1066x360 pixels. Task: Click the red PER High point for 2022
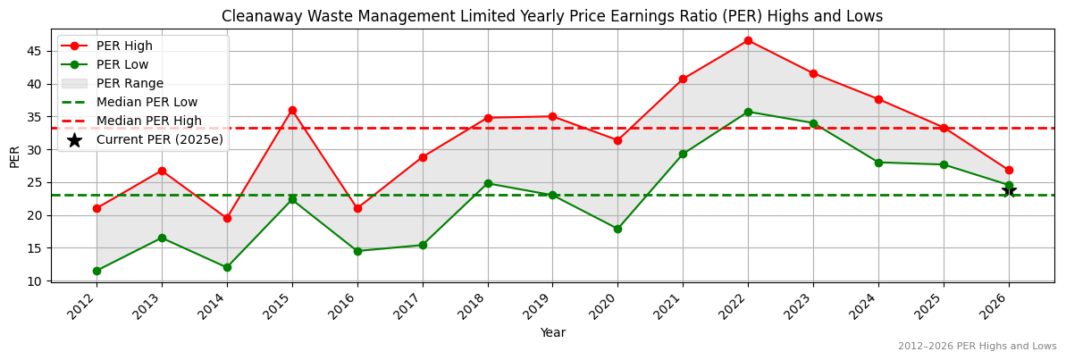pyautogui.click(x=748, y=40)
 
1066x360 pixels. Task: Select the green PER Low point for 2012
pyautogui.click(x=97, y=271)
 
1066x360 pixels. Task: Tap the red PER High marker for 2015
pyautogui.click(x=292, y=110)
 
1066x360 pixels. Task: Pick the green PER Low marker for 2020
pyautogui.click(x=617, y=229)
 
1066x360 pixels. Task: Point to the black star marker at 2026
pyautogui.click(x=1009, y=190)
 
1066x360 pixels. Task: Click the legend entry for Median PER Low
pyautogui.click(x=147, y=102)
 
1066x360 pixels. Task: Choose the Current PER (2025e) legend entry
pyautogui.click(x=159, y=139)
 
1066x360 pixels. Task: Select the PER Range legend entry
pyautogui.click(x=130, y=83)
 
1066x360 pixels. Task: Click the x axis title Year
pyautogui.click(x=552, y=332)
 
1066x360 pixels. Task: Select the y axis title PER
pyautogui.click(x=14, y=155)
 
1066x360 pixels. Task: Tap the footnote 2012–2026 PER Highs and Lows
pyautogui.click(x=977, y=347)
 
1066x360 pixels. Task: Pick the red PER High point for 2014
pyautogui.click(x=227, y=218)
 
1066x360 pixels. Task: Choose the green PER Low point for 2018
pyautogui.click(x=488, y=183)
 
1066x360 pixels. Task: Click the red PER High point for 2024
pyautogui.click(x=878, y=99)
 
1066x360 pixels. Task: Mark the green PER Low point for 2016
pyautogui.click(x=357, y=251)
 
